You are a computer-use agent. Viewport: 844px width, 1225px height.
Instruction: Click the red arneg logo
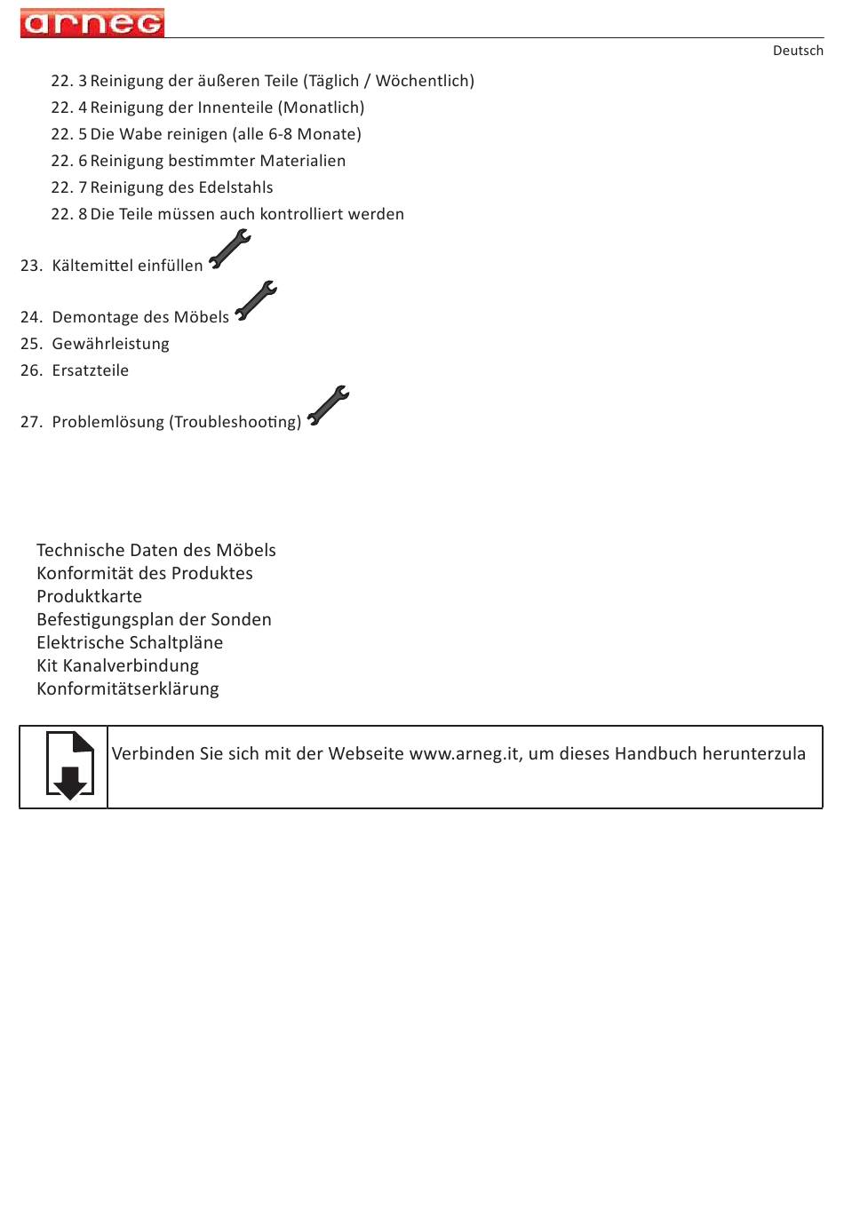pos(92,23)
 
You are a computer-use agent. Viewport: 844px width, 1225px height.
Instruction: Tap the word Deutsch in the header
pos(797,51)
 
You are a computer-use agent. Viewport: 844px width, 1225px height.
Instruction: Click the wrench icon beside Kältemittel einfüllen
pos(230,249)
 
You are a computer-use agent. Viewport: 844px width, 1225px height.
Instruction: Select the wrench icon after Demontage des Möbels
pos(256,300)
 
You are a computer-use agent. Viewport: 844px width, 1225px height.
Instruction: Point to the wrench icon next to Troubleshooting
pos(328,405)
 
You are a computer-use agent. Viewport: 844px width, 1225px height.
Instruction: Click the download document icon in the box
pos(69,766)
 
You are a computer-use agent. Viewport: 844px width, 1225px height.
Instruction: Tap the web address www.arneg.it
pos(465,754)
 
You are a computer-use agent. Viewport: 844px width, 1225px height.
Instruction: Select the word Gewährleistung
pos(110,344)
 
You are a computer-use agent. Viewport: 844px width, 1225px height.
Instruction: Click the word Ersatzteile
pos(90,370)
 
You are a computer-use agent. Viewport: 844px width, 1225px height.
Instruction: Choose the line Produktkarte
pos(89,596)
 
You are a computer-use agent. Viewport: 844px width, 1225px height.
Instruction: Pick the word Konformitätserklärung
pos(127,688)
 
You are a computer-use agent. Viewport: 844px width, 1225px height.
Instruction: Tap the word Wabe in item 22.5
pos(139,134)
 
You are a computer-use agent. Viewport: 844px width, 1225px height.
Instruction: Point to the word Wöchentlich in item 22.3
pos(422,81)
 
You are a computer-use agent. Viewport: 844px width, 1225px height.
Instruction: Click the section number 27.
pos(31,422)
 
